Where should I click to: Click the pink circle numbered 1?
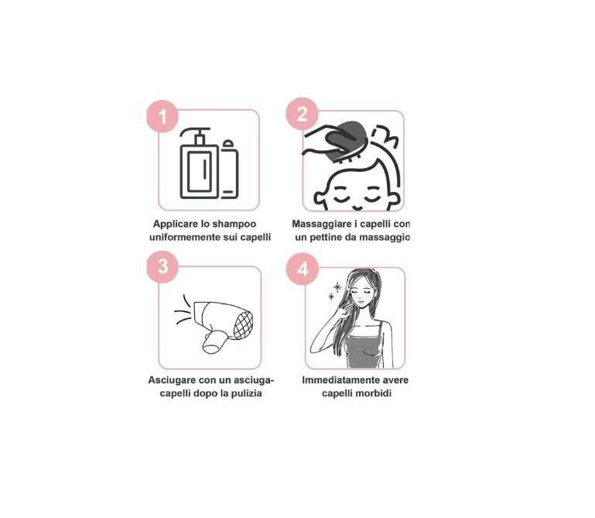[162, 116]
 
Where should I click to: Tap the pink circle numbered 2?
[302, 114]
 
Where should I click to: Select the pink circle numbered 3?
[162, 266]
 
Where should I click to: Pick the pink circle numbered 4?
[303, 269]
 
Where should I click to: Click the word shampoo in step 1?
[234, 224]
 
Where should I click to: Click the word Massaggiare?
[321, 224]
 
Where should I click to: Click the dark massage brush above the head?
[345, 139]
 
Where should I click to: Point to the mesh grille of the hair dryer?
[243, 324]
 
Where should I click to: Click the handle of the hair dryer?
[214, 341]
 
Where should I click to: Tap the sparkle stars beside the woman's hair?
[335, 290]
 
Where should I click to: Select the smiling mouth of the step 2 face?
[357, 208]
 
